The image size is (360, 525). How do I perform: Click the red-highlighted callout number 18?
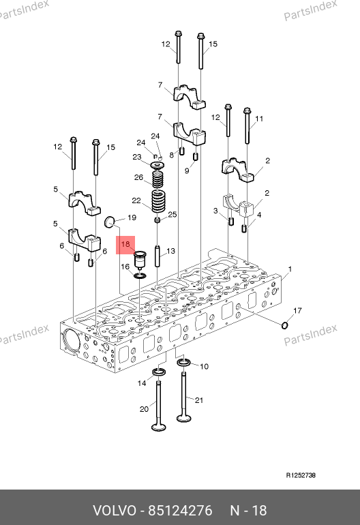click(x=125, y=244)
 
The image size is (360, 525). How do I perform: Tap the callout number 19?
click(x=132, y=217)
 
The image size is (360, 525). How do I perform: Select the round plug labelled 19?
click(x=110, y=222)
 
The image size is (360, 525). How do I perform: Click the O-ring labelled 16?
click(x=140, y=275)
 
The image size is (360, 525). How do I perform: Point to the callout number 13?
click(x=170, y=251)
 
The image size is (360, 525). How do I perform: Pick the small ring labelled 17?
click(x=284, y=325)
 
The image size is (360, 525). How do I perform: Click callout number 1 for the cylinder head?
click(x=290, y=269)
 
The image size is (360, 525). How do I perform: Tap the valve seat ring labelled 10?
click(x=183, y=362)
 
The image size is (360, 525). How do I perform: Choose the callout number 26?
click(x=138, y=177)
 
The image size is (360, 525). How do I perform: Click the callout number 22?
click(x=136, y=200)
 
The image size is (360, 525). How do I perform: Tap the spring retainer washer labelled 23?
click(x=157, y=166)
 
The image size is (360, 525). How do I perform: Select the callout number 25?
click(x=172, y=214)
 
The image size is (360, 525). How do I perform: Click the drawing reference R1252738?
click(x=301, y=475)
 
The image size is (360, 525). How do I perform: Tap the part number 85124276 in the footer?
click(x=180, y=511)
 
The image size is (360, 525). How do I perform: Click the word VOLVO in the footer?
click(x=115, y=511)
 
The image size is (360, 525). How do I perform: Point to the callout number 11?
click(x=259, y=119)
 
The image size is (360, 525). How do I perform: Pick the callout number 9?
click(x=187, y=170)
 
